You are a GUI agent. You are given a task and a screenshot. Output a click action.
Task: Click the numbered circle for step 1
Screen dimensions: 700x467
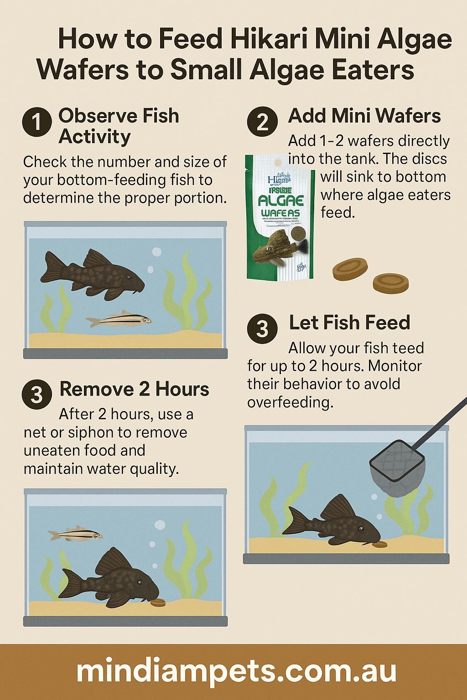[37, 122]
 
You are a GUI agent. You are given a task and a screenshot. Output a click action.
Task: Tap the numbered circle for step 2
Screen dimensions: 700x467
[262, 122]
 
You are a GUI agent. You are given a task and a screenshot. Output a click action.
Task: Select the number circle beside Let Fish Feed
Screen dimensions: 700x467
[262, 328]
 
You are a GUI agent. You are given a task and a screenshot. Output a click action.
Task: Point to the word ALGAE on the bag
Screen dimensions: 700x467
[280, 201]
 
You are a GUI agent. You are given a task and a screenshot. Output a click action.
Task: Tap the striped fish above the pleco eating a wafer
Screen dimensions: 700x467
[76, 534]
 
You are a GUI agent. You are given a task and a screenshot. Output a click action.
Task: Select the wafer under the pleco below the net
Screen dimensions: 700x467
[379, 544]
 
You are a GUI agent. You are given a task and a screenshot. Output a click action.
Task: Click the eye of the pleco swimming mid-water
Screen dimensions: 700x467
[130, 277]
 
